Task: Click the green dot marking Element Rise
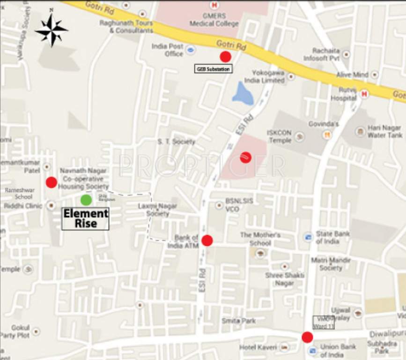coord(86,200)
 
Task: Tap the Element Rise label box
coord(86,218)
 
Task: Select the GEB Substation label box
coord(213,69)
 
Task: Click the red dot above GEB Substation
coord(226,57)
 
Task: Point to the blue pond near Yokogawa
coord(243,94)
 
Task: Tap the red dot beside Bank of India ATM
coord(207,240)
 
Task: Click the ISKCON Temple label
coord(279,136)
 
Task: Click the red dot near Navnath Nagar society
coord(51,182)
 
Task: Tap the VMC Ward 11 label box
coord(323,322)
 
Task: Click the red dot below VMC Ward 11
coord(307,337)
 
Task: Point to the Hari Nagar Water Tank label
coord(384,131)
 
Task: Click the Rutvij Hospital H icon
coord(365,94)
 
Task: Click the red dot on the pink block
coord(246,157)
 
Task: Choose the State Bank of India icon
coord(308,238)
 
